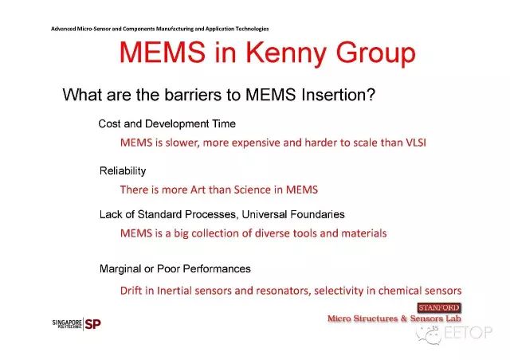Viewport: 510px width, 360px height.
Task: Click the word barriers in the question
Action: click(x=193, y=95)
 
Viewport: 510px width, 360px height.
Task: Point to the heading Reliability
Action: click(x=123, y=171)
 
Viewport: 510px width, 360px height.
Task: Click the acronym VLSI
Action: click(x=416, y=143)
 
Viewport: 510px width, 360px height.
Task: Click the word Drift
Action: click(x=131, y=291)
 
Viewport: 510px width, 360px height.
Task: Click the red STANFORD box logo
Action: click(x=439, y=307)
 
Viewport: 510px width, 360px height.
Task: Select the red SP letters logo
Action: click(x=92, y=324)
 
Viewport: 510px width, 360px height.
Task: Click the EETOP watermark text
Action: click(x=468, y=332)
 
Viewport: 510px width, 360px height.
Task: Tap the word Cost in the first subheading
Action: click(x=109, y=123)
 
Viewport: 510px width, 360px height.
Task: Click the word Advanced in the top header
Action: click(x=64, y=29)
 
